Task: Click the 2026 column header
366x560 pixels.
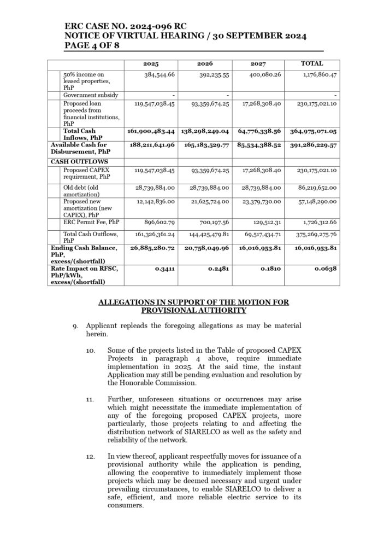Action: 205,64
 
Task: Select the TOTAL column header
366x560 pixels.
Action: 312,64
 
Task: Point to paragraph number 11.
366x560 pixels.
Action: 91,401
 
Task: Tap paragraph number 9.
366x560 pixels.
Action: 75,325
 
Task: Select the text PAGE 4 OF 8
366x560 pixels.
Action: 92,45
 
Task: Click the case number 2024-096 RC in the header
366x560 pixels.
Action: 175,25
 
